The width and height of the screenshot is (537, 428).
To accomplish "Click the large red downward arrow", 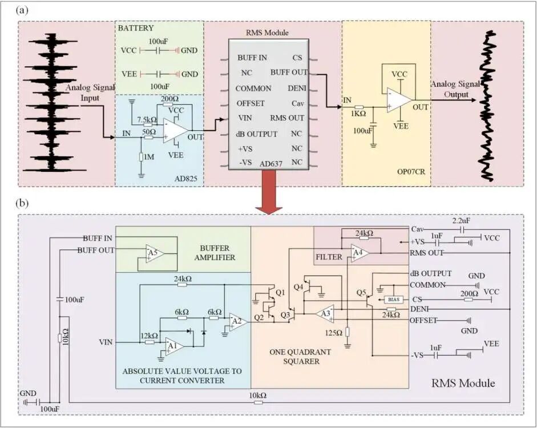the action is click(269, 192).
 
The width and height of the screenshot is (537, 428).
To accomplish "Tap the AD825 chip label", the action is click(185, 179).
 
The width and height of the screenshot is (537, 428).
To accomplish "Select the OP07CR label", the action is click(411, 172).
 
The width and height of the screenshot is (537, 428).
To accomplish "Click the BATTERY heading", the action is click(136, 28).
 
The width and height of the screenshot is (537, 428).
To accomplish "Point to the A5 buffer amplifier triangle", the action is click(154, 253).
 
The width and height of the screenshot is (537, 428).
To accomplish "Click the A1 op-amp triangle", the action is click(173, 346).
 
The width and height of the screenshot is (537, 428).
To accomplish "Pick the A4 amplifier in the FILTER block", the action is click(360, 253).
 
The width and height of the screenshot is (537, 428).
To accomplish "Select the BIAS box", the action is click(394, 300).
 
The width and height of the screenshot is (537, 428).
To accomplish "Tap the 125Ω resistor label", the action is click(334, 333).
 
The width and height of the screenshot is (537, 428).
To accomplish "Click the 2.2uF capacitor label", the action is click(461, 221).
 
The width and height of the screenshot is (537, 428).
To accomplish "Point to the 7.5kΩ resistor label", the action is click(147, 120).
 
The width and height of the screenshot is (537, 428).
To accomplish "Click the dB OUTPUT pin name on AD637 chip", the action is click(256, 134).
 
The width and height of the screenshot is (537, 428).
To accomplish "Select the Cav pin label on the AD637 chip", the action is click(298, 103).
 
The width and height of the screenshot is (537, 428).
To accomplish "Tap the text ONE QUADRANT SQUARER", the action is click(300, 357).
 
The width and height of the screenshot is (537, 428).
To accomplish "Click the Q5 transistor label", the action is click(361, 292).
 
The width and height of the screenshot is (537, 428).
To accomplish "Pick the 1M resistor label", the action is click(148, 157).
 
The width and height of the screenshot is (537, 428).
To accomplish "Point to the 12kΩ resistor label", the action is click(150, 336).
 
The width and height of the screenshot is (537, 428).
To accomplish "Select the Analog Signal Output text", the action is click(455, 89).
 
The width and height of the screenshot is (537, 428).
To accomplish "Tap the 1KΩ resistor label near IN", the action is click(358, 114).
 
